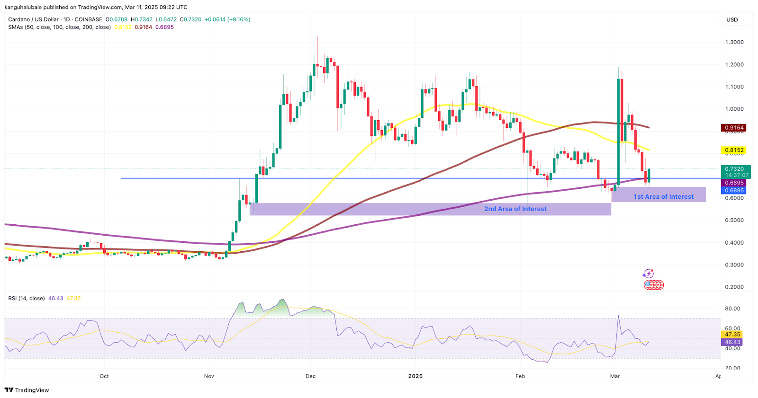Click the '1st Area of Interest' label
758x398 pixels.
663,197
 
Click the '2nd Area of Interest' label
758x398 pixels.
515,209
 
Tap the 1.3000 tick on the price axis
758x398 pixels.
734,42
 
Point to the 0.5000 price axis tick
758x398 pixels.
734,221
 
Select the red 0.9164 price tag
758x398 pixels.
734,128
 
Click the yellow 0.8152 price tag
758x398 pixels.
734,150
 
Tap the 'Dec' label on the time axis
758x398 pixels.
310,376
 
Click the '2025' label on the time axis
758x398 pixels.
415,376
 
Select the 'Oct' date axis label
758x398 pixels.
104,376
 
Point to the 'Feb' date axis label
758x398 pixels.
520,376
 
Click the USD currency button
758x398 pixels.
732,20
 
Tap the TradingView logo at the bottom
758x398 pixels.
27,390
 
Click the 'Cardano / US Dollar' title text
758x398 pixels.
33,19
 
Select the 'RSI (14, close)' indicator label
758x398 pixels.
27,299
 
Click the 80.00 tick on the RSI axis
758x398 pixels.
732,309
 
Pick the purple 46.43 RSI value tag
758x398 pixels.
732,342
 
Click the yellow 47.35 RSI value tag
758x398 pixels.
732,335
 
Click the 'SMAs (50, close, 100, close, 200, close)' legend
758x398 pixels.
59,27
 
